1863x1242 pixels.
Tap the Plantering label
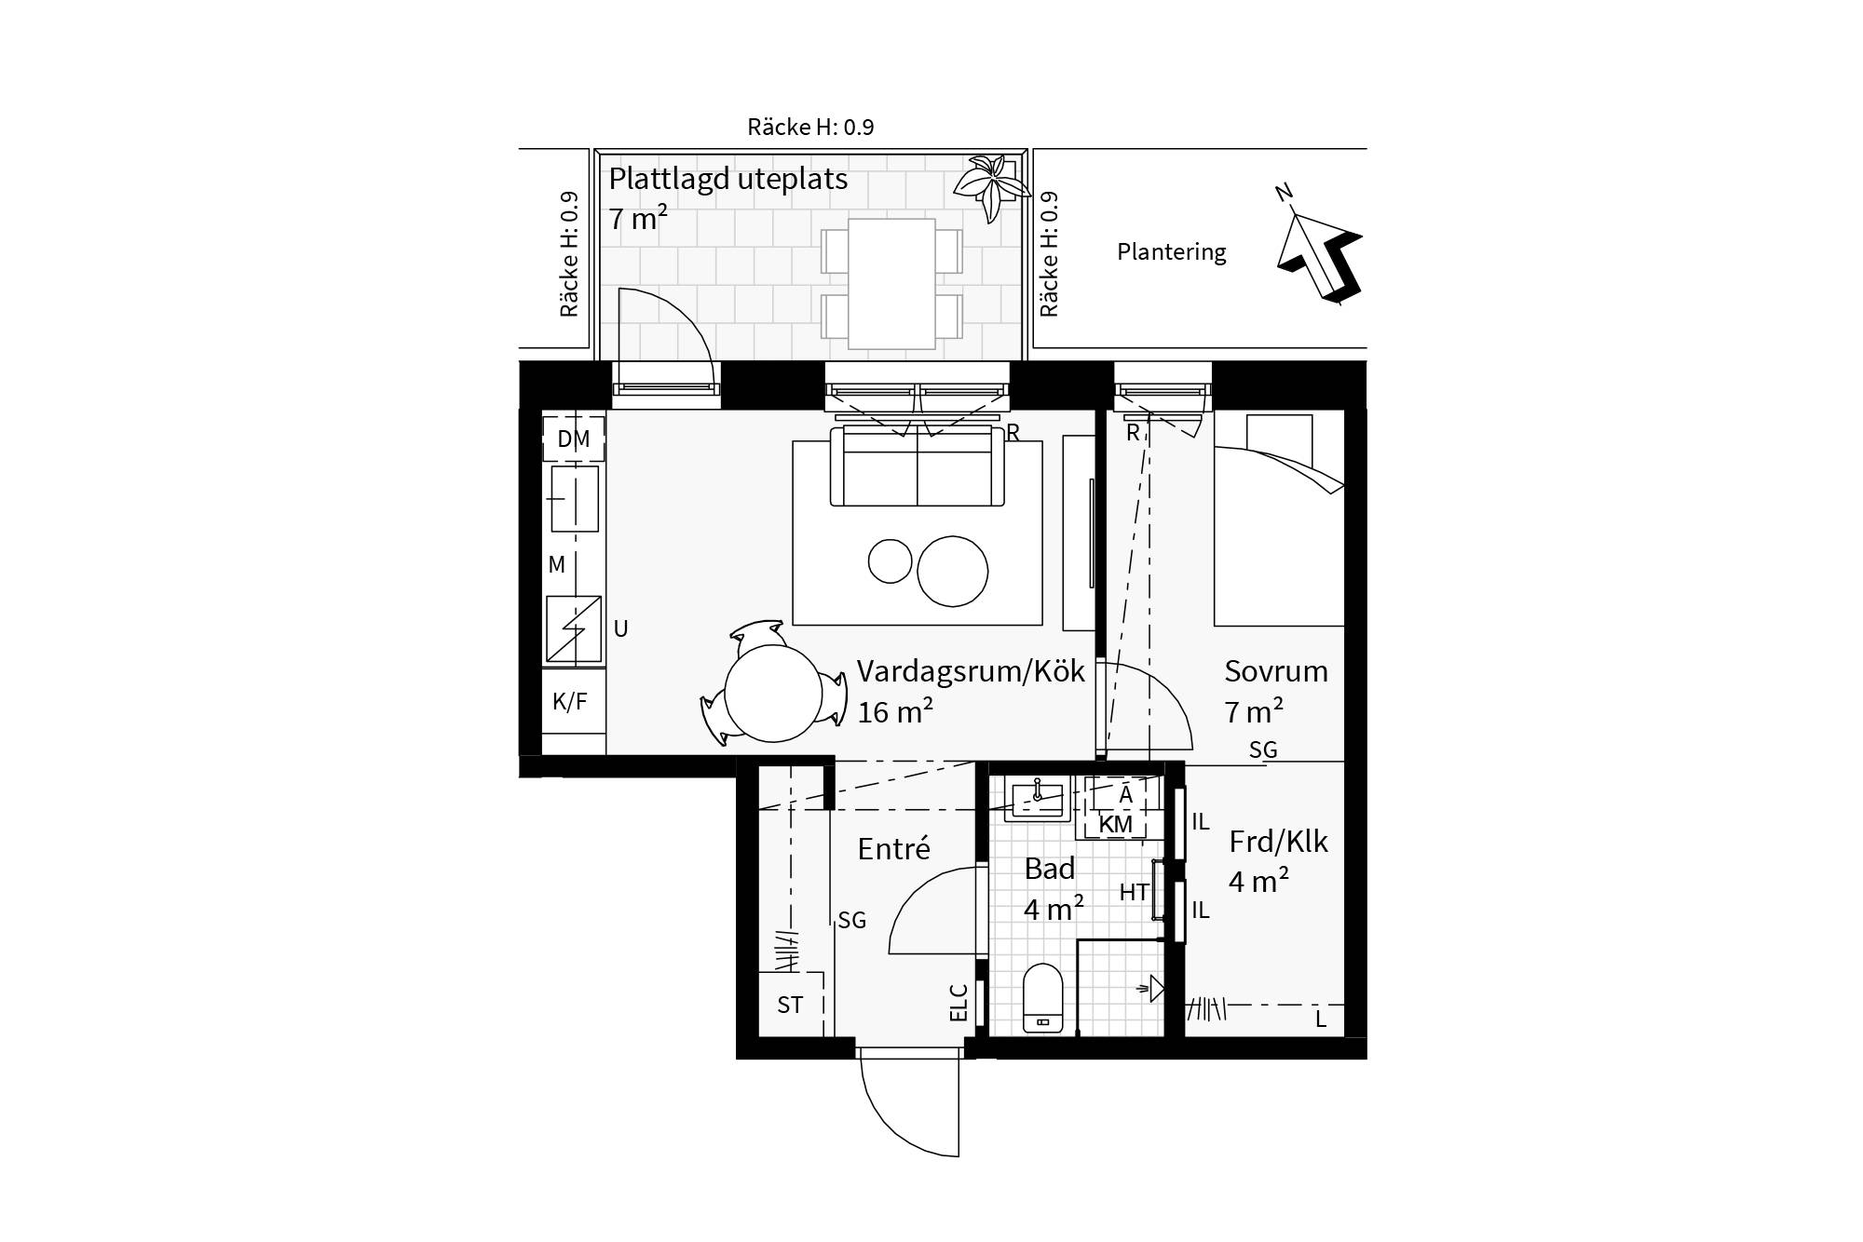[1172, 252]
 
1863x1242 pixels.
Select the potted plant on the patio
[991, 186]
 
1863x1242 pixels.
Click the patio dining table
[891, 283]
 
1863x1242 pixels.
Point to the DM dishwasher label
[574, 439]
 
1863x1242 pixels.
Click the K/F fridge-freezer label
[570, 701]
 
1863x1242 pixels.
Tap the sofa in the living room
[918, 466]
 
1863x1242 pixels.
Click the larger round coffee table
[952, 571]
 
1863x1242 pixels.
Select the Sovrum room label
[1276, 671]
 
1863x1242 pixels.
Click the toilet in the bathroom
[1043, 997]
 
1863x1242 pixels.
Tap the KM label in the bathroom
[1116, 824]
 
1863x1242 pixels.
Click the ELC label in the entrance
[959, 1003]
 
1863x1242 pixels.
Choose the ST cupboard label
[790, 1006]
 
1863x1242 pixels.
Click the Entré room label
[894, 848]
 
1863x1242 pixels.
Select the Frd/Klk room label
[1278, 842]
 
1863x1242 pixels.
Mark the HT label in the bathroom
[1134, 892]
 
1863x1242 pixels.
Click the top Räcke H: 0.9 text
[810, 127]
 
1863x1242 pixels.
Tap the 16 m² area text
[895, 712]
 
